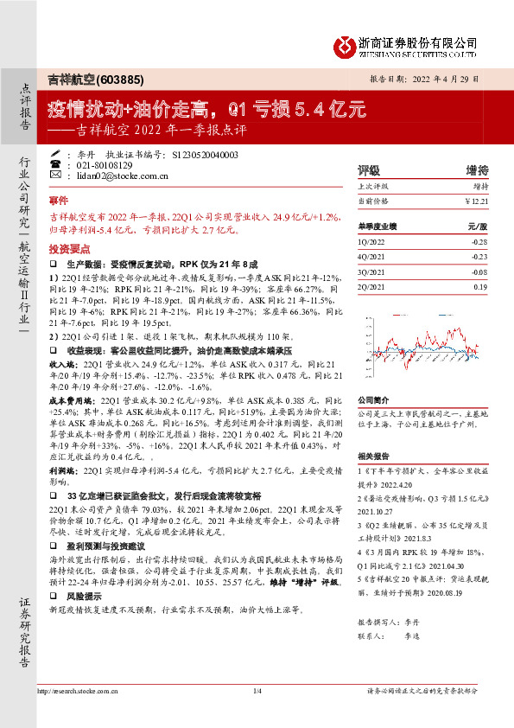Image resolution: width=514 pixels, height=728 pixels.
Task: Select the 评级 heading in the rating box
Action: click(x=369, y=169)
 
